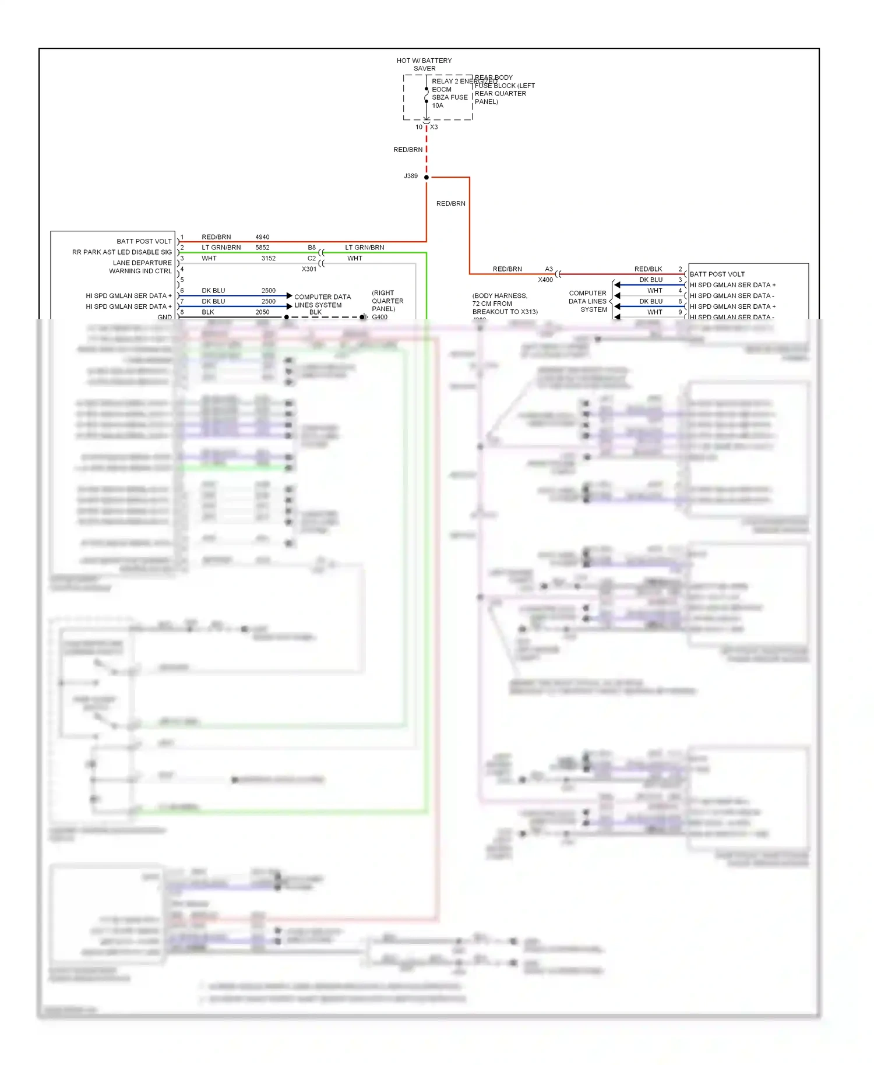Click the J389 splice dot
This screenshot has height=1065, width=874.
[x=427, y=177]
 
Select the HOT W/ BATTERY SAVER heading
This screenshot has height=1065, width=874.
[x=424, y=65]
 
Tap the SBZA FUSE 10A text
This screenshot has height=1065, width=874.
[x=449, y=101]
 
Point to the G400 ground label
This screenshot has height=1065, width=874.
[x=379, y=317]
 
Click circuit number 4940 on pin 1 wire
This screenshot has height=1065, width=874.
[x=262, y=237]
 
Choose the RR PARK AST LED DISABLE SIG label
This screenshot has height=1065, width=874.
[x=122, y=252]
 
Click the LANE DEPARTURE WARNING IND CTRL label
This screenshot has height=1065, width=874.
[x=142, y=267]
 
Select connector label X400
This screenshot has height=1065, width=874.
[x=545, y=280]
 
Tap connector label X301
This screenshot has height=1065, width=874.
[x=309, y=269]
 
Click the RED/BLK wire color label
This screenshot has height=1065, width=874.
[x=648, y=269]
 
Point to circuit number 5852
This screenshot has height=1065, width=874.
[x=262, y=248]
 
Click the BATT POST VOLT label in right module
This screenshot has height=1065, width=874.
[x=717, y=274]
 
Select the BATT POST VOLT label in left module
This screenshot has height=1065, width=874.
[x=144, y=241]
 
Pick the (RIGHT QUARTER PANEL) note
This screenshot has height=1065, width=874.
[x=387, y=301]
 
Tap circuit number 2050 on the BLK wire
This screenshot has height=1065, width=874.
[x=262, y=312]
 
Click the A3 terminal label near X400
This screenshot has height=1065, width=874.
[x=549, y=269]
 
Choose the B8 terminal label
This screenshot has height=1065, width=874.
[x=312, y=248]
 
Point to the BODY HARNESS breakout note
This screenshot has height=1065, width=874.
[x=505, y=304]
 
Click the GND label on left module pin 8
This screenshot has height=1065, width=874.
[x=164, y=318]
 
